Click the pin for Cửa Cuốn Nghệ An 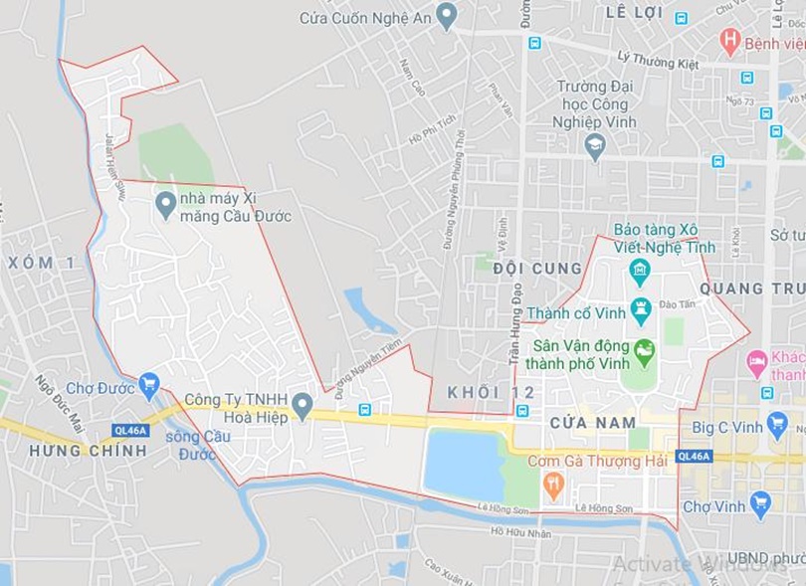pos(447,15)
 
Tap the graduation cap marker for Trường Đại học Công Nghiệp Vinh pos(595,145)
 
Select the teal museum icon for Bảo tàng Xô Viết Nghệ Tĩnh pos(640,269)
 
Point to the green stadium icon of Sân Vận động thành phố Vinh pos(645,351)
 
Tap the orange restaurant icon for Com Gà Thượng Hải pos(554,485)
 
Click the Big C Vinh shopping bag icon pos(777,424)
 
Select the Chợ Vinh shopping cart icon pos(761,503)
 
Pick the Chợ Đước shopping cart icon pos(149,384)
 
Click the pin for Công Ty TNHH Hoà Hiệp pos(302,403)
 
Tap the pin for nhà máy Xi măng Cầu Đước pos(166,204)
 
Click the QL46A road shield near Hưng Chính pos(130,431)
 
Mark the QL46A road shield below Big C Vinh pos(694,456)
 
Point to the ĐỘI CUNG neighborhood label pos(536,269)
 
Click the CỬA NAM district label pos(592,423)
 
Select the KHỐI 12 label pos(477,391)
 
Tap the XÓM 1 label pos(41,263)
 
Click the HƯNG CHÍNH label pos(88,451)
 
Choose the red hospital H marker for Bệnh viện pos(730,40)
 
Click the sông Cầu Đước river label pos(197,445)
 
